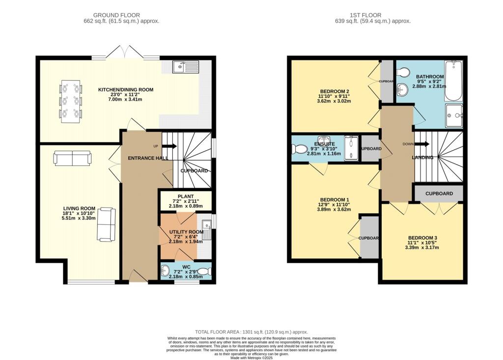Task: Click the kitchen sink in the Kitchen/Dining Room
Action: pos(185,66)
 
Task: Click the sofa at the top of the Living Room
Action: pos(72,158)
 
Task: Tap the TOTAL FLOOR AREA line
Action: pos(251,332)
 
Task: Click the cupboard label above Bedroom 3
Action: pos(439,194)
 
